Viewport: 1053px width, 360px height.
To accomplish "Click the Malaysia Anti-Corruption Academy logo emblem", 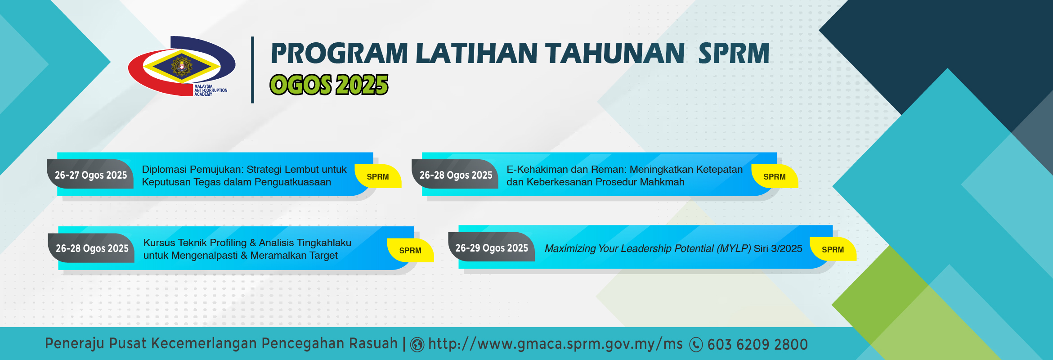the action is [182, 66].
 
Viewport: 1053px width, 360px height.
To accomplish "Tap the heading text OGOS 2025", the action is [329, 85].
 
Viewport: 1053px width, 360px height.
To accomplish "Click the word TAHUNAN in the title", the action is [615, 53].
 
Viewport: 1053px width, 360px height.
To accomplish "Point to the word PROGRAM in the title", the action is [339, 53].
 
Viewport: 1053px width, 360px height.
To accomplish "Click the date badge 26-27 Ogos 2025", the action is [90, 175].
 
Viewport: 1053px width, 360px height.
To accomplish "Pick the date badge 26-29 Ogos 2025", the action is [492, 247].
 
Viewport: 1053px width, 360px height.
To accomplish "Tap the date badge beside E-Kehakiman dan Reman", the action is [455, 175].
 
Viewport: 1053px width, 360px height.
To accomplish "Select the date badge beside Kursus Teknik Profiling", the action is [92, 248].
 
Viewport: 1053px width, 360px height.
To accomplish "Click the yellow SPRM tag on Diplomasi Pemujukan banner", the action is [378, 176].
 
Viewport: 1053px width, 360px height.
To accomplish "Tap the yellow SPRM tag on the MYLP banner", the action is [833, 249].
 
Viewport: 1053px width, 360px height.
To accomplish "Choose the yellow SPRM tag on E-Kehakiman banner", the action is [775, 176].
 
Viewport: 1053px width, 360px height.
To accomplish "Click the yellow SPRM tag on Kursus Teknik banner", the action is [410, 250].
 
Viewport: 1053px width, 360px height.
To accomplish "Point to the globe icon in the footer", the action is [417, 345].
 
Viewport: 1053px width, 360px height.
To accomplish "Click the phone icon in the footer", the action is [696, 345].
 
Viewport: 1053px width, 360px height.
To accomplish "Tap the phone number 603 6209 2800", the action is [757, 345].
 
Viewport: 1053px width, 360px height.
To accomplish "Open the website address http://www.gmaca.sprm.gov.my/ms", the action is [556, 344].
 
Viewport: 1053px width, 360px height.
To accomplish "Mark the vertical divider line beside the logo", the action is [252, 70].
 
